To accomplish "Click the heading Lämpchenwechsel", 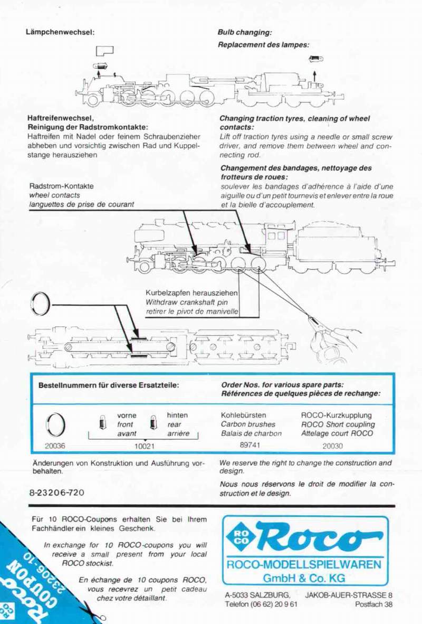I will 60,32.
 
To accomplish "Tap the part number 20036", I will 55,446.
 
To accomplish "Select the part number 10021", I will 143,446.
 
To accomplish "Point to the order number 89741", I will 250,445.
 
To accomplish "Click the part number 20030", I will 332,446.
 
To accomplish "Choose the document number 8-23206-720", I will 57,492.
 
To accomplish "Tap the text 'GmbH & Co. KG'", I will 304,577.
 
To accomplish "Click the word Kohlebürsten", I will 243,415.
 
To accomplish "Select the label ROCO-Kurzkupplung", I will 336,415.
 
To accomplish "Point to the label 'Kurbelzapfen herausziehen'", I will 191,293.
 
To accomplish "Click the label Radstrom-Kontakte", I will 61,186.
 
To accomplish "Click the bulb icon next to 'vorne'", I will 102,422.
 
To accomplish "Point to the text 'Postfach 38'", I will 373,604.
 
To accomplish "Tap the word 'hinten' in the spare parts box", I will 177,415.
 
